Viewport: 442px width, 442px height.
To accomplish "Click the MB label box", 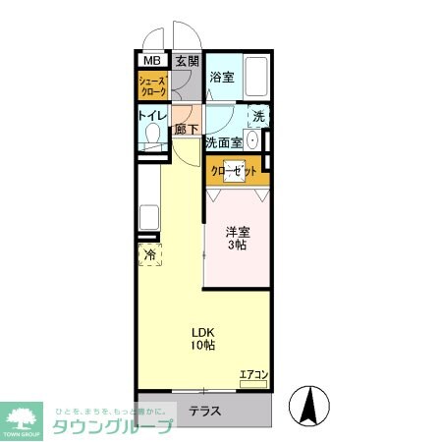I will coord(151,60).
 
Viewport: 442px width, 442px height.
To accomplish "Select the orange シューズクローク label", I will coord(152,84).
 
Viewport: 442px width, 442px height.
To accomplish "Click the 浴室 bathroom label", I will coord(223,77).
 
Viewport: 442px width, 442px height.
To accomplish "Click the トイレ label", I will coord(152,115).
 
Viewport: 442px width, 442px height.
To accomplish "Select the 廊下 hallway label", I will coord(187,129).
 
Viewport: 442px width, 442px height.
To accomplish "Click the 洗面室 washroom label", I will coord(223,142).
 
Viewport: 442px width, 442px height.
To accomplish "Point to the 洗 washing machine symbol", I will coord(257,116).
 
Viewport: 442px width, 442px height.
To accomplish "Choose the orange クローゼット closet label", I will coord(235,171).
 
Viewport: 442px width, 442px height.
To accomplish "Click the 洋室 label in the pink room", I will coord(236,232).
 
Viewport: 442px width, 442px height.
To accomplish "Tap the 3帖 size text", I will coord(236,246).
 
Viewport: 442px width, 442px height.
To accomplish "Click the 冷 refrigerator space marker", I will coord(150,254).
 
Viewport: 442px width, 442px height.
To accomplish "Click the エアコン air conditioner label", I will coord(253,373).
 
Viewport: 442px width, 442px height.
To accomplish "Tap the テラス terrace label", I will coord(205,411).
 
